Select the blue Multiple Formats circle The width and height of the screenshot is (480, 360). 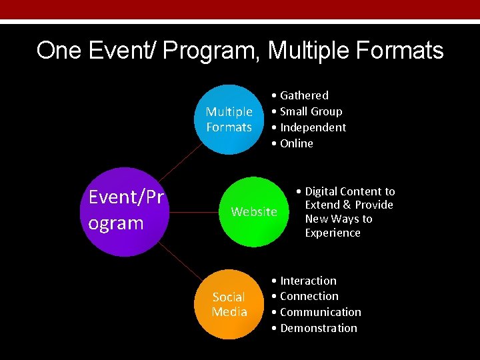point(229,119)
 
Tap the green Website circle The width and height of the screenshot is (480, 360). point(254,211)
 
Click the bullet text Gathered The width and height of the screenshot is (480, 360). point(304,95)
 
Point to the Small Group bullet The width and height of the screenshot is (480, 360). point(311,111)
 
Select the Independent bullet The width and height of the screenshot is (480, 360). point(313,127)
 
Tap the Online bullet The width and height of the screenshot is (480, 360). point(297,143)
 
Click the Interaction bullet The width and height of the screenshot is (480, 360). point(308,281)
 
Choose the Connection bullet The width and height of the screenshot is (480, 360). point(309,296)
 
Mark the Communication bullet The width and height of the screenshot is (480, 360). point(321,312)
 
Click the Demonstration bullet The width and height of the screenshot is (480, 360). point(319,328)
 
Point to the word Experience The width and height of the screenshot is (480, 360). point(333,233)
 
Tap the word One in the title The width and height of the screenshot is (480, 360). point(57,51)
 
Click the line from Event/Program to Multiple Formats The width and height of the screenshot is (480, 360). point(180,163)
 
